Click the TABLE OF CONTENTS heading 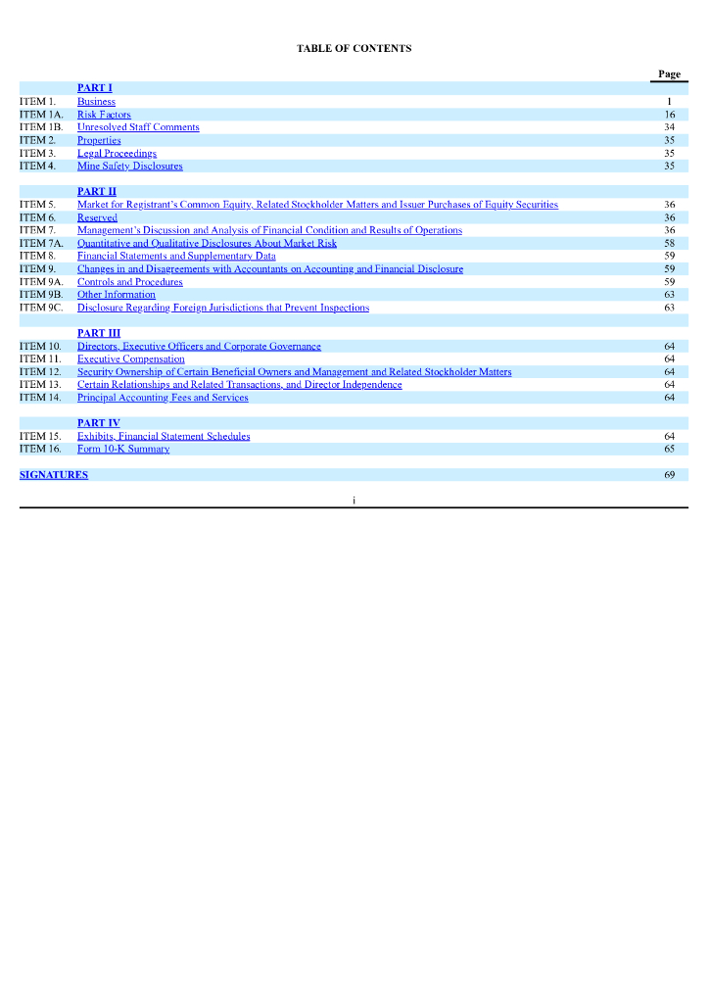coord(354,48)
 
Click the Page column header coord(669,74)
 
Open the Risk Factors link coord(104,115)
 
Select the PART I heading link coord(94,88)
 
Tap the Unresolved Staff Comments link coord(138,127)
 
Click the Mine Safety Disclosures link coord(129,166)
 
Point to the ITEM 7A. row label coord(41,243)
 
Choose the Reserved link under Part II coord(97,217)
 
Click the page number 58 coord(669,243)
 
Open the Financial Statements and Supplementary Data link coord(176,256)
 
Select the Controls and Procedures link coord(129,282)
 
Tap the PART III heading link coord(98,333)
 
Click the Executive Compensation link coord(130,359)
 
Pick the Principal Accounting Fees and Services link coord(163,398)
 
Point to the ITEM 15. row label coord(40,436)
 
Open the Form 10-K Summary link coord(123,449)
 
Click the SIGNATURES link coord(54,475)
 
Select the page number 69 coord(669,475)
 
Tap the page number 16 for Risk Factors coord(669,115)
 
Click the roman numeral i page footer coord(354,500)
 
